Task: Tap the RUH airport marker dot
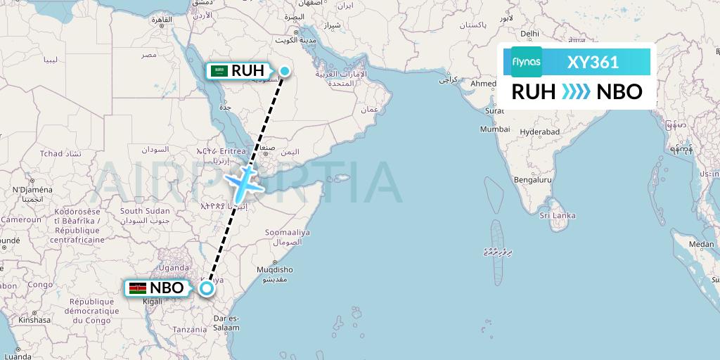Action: [x=285, y=70]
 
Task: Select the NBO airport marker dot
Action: [x=207, y=288]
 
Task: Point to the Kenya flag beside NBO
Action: [x=138, y=288]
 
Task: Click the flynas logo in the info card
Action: [x=527, y=61]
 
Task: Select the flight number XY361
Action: [x=593, y=62]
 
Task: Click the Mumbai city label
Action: [x=494, y=129]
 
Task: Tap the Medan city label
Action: [x=701, y=244]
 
